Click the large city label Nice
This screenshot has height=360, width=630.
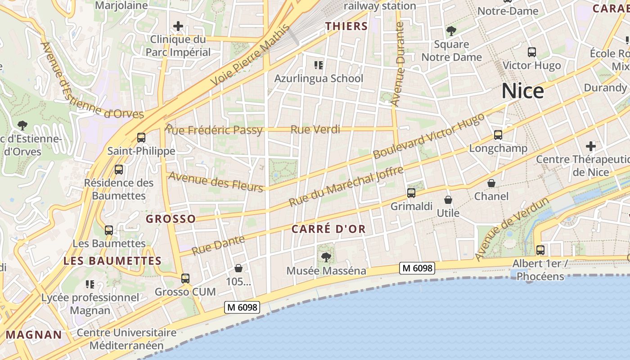522,91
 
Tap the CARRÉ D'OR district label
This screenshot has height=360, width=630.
328,229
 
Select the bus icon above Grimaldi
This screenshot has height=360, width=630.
411,193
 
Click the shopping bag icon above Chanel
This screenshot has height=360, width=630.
491,183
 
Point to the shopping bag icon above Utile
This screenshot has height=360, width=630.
448,200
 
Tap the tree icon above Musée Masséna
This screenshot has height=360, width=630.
326,257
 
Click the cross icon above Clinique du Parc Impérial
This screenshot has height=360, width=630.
178,26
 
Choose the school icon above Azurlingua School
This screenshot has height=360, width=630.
319,65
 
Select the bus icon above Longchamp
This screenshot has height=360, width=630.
498,135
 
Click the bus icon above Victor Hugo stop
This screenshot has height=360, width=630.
532,52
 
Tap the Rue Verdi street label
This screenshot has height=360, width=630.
315,130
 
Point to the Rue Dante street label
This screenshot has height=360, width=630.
218,245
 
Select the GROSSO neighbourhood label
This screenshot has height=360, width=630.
171,219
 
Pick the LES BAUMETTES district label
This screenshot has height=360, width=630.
112,261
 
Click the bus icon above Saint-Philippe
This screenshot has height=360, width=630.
141,138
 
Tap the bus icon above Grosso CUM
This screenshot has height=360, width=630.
185,279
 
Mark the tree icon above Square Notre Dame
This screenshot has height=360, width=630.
451,31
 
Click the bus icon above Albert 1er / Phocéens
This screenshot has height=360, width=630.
540,250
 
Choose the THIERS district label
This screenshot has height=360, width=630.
346,26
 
